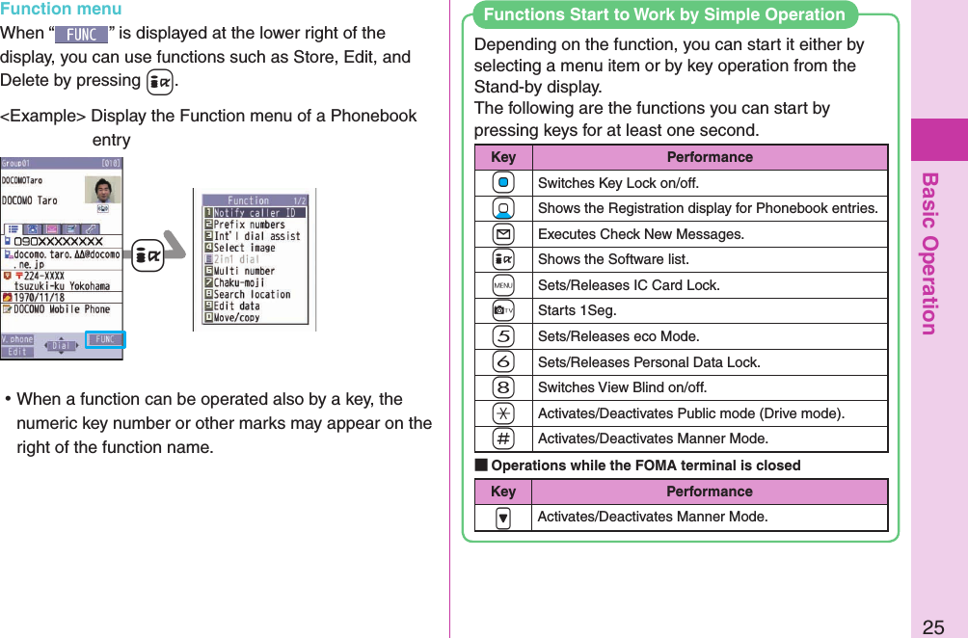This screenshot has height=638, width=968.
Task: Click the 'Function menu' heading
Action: pyautogui.click(x=61, y=10)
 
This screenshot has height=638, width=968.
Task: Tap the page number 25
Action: pyautogui.click(x=932, y=627)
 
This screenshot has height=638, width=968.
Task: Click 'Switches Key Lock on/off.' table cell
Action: pyautogui.click(x=618, y=183)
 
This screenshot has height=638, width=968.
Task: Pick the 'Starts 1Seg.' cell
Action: pyautogui.click(x=577, y=310)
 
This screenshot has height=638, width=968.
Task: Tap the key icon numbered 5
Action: pyautogui.click(x=503, y=336)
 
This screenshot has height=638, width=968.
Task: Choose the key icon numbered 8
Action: pyautogui.click(x=503, y=387)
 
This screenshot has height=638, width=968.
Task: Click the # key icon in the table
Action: pyautogui.click(x=503, y=439)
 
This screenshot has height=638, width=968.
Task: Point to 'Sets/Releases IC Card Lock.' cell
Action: pyautogui.click(x=628, y=285)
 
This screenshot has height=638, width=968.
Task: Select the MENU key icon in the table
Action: pyautogui.click(x=503, y=285)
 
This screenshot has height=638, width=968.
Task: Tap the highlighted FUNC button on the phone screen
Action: pyautogui.click(x=105, y=339)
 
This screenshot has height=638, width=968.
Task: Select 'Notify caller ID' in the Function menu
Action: pyautogui.click(x=258, y=213)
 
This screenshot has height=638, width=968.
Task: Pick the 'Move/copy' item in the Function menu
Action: pyautogui.click(x=237, y=317)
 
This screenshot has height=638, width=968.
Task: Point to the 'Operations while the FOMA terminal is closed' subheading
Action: pyautogui.click(x=645, y=465)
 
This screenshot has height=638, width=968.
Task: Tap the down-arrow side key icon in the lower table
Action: pyautogui.click(x=503, y=518)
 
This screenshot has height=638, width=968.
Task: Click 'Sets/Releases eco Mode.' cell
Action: pyautogui.click(x=618, y=336)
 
